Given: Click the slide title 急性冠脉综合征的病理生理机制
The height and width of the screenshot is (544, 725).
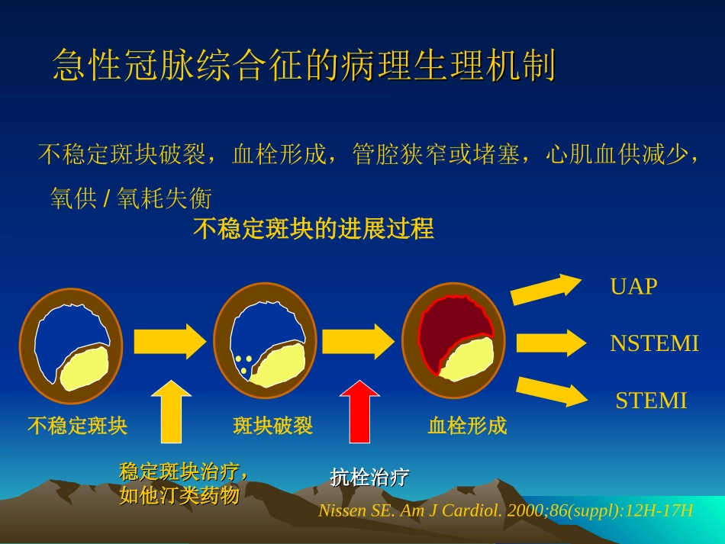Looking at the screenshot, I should pyautogui.click(x=304, y=66).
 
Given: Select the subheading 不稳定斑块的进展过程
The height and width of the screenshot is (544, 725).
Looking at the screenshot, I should pyautogui.click(x=314, y=228).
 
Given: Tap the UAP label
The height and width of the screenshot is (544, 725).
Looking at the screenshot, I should pyautogui.click(x=633, y=287).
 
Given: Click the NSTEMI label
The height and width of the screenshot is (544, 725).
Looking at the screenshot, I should pyautogui.click(x=654, y=343).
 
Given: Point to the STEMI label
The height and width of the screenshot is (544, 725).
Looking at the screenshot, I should pyautogui.click(x=651, y=401).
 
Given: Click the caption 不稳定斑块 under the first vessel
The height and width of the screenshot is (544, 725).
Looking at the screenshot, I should pyautogui.click(x=77, y=426).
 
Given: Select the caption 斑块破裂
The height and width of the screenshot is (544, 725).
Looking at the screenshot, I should pyautogui.click(x=272, y=426).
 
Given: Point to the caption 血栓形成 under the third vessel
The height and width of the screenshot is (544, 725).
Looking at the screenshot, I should pyautogui.click(x=467, y=426).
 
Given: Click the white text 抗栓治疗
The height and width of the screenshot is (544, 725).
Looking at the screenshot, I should pyautogui.click(x=369, y=478).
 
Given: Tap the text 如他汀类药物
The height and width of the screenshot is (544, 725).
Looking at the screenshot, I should pyautogui.click(x=179, y=496).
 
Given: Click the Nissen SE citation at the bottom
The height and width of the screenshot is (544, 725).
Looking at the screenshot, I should pyautogui.click(x=505, y=510).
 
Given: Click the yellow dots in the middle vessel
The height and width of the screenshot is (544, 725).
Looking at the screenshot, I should pyautogui.click(x=243, y=363).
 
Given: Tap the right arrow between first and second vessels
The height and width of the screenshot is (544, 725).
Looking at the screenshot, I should pyautogui.click(x=170, y=341).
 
